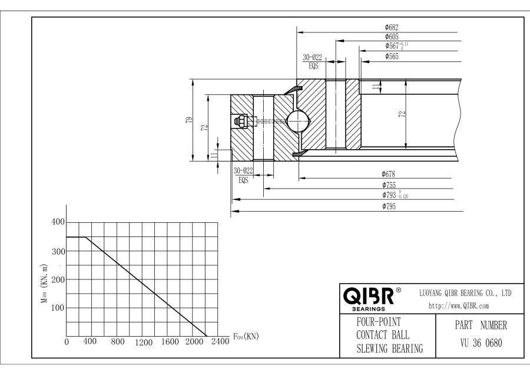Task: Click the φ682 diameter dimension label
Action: pyautogui.click(x=392, y=27)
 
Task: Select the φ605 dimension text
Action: pyautogui.click(x=393, y=37)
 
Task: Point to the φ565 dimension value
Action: pyautogui.click(x=392, y=56)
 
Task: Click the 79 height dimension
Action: pyautogui.click(x=188, y=119)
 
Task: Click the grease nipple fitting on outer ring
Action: pyautogui.click(x=240, y=121)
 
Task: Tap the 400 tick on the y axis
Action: pyautogui.click(x=58, y=222)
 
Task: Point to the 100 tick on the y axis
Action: pyautogui.click(x=58, y=308)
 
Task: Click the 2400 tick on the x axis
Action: pyautogui.click(x=219, y=343)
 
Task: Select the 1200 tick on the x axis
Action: pyautogui.click(x=143, y=343)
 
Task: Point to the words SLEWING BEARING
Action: pyautogui.click(x=390, y=348)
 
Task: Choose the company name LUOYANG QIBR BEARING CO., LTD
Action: pyautogui.click(x=465, y=293)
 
